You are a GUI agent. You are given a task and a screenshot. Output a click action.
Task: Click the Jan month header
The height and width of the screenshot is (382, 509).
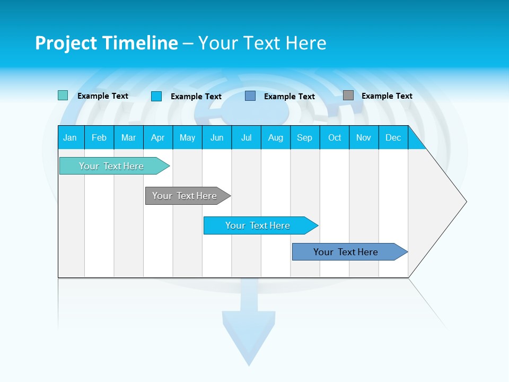tap(70, 137)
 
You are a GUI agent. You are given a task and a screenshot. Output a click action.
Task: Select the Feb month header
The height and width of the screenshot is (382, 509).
tap(99, 137)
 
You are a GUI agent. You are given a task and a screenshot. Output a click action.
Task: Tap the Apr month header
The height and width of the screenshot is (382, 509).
tap(157, 137)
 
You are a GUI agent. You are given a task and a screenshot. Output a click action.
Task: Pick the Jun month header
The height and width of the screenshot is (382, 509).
tap(217, 137)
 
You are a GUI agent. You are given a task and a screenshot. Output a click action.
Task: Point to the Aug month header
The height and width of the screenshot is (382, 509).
tap(275, 137)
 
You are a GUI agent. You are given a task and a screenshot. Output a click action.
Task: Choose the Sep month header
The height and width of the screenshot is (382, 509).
tap(304, 137)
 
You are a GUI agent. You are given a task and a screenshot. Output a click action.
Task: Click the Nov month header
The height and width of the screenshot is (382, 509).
tap(363, 137)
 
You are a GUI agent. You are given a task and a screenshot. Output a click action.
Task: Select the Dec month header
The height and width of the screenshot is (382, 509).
tap(393, 137)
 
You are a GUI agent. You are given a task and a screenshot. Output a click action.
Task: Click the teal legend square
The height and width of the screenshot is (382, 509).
tap(63, 95)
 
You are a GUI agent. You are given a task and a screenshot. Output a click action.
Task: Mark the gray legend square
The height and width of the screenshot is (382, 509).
tap(348, 95)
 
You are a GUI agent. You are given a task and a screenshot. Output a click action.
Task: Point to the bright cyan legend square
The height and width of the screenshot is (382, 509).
tap(156, 96)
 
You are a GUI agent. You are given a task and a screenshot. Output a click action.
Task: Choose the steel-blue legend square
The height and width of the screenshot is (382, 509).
tap(250, 96)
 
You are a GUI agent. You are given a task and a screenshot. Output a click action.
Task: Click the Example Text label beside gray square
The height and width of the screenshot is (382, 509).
tap(387, 96)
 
